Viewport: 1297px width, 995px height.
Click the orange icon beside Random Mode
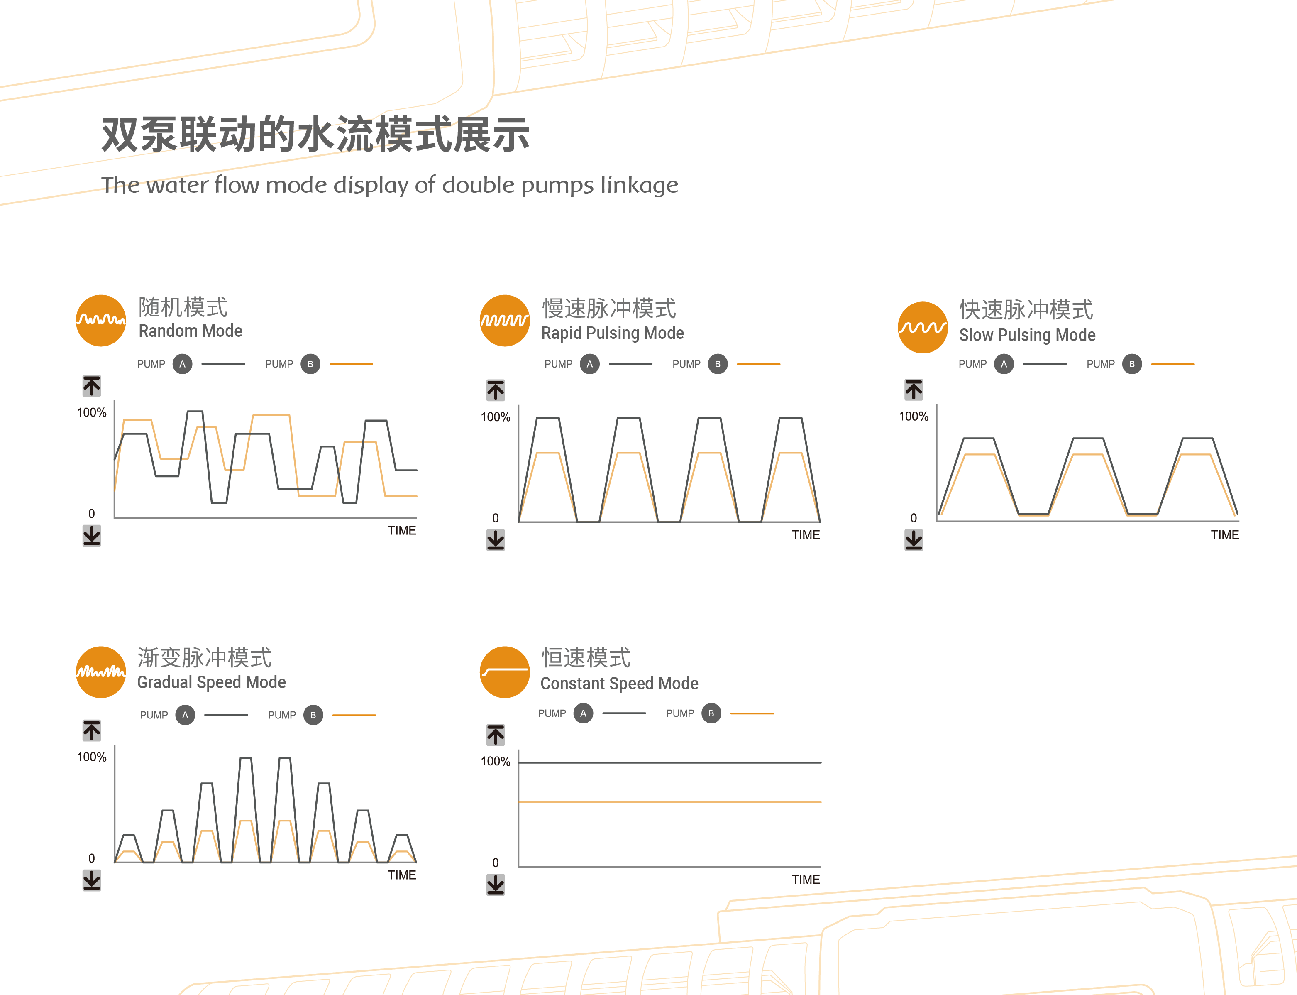coord(100,321)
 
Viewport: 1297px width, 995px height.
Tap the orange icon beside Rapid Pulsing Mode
coord(504,321)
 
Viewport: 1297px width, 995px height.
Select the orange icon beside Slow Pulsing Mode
coord(922,328)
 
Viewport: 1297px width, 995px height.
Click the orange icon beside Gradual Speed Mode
coord(100,672)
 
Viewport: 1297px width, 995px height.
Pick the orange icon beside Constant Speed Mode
coord(504,672)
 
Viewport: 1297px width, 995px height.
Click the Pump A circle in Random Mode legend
coord(182,364)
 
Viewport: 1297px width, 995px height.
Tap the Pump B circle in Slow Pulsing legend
coord(1131,364)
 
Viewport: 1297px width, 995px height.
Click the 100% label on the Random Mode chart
coord(92,413)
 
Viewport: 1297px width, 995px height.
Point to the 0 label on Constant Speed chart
coord(496,863)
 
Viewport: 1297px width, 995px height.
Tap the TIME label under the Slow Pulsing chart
coord(1225,535)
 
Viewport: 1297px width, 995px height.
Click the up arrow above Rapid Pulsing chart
coord(496,390)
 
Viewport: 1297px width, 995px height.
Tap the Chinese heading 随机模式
coord(183,307)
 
